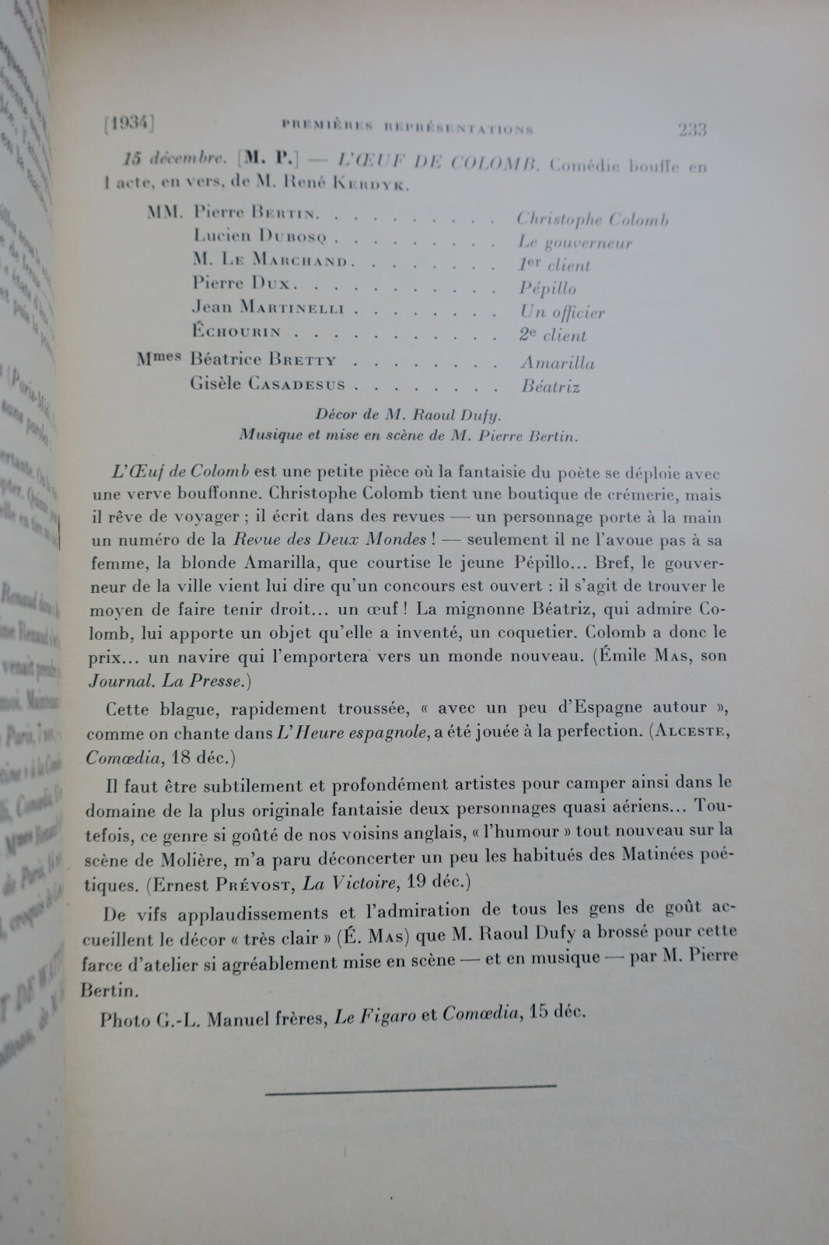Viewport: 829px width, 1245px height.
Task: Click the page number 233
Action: coord(691,130)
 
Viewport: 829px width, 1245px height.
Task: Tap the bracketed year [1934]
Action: coord(129,123)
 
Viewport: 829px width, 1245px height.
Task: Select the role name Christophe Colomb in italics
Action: coord(592,219)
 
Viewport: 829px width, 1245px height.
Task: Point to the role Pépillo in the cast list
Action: coord(547,289)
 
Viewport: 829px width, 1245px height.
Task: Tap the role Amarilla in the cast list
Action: coord(558,363)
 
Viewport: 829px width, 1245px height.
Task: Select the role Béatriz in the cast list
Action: coord(550,387)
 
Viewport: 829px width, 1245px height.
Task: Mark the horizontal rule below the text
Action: coord(411,1089)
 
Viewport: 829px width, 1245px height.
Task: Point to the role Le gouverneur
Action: coord(575,243)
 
